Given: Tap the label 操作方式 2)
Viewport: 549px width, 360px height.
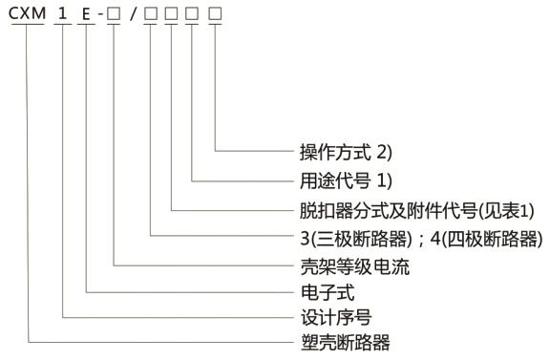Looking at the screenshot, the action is [340, 151].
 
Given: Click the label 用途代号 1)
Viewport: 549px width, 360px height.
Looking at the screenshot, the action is [340, 179].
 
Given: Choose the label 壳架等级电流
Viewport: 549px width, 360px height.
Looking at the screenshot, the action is [348, 266].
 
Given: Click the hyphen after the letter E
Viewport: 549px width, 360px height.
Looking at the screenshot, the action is [101, 16].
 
